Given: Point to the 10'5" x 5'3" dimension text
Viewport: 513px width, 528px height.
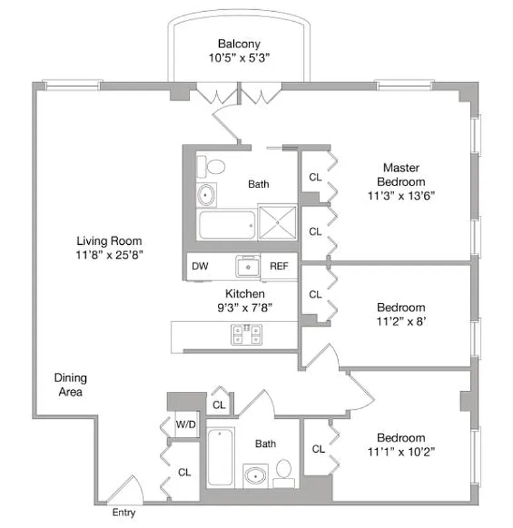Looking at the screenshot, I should [239, 57].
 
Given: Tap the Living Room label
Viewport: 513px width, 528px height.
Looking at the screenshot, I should [109, 241].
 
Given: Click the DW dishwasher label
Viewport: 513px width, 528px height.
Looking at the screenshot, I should [200, 267].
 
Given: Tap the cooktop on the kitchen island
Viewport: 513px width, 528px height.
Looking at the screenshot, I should [246, 335].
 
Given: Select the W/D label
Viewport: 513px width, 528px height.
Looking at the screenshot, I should [185, 425].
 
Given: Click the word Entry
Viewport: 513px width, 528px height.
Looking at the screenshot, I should [123, 513].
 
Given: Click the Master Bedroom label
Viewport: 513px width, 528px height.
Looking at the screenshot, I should [401, 175].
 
